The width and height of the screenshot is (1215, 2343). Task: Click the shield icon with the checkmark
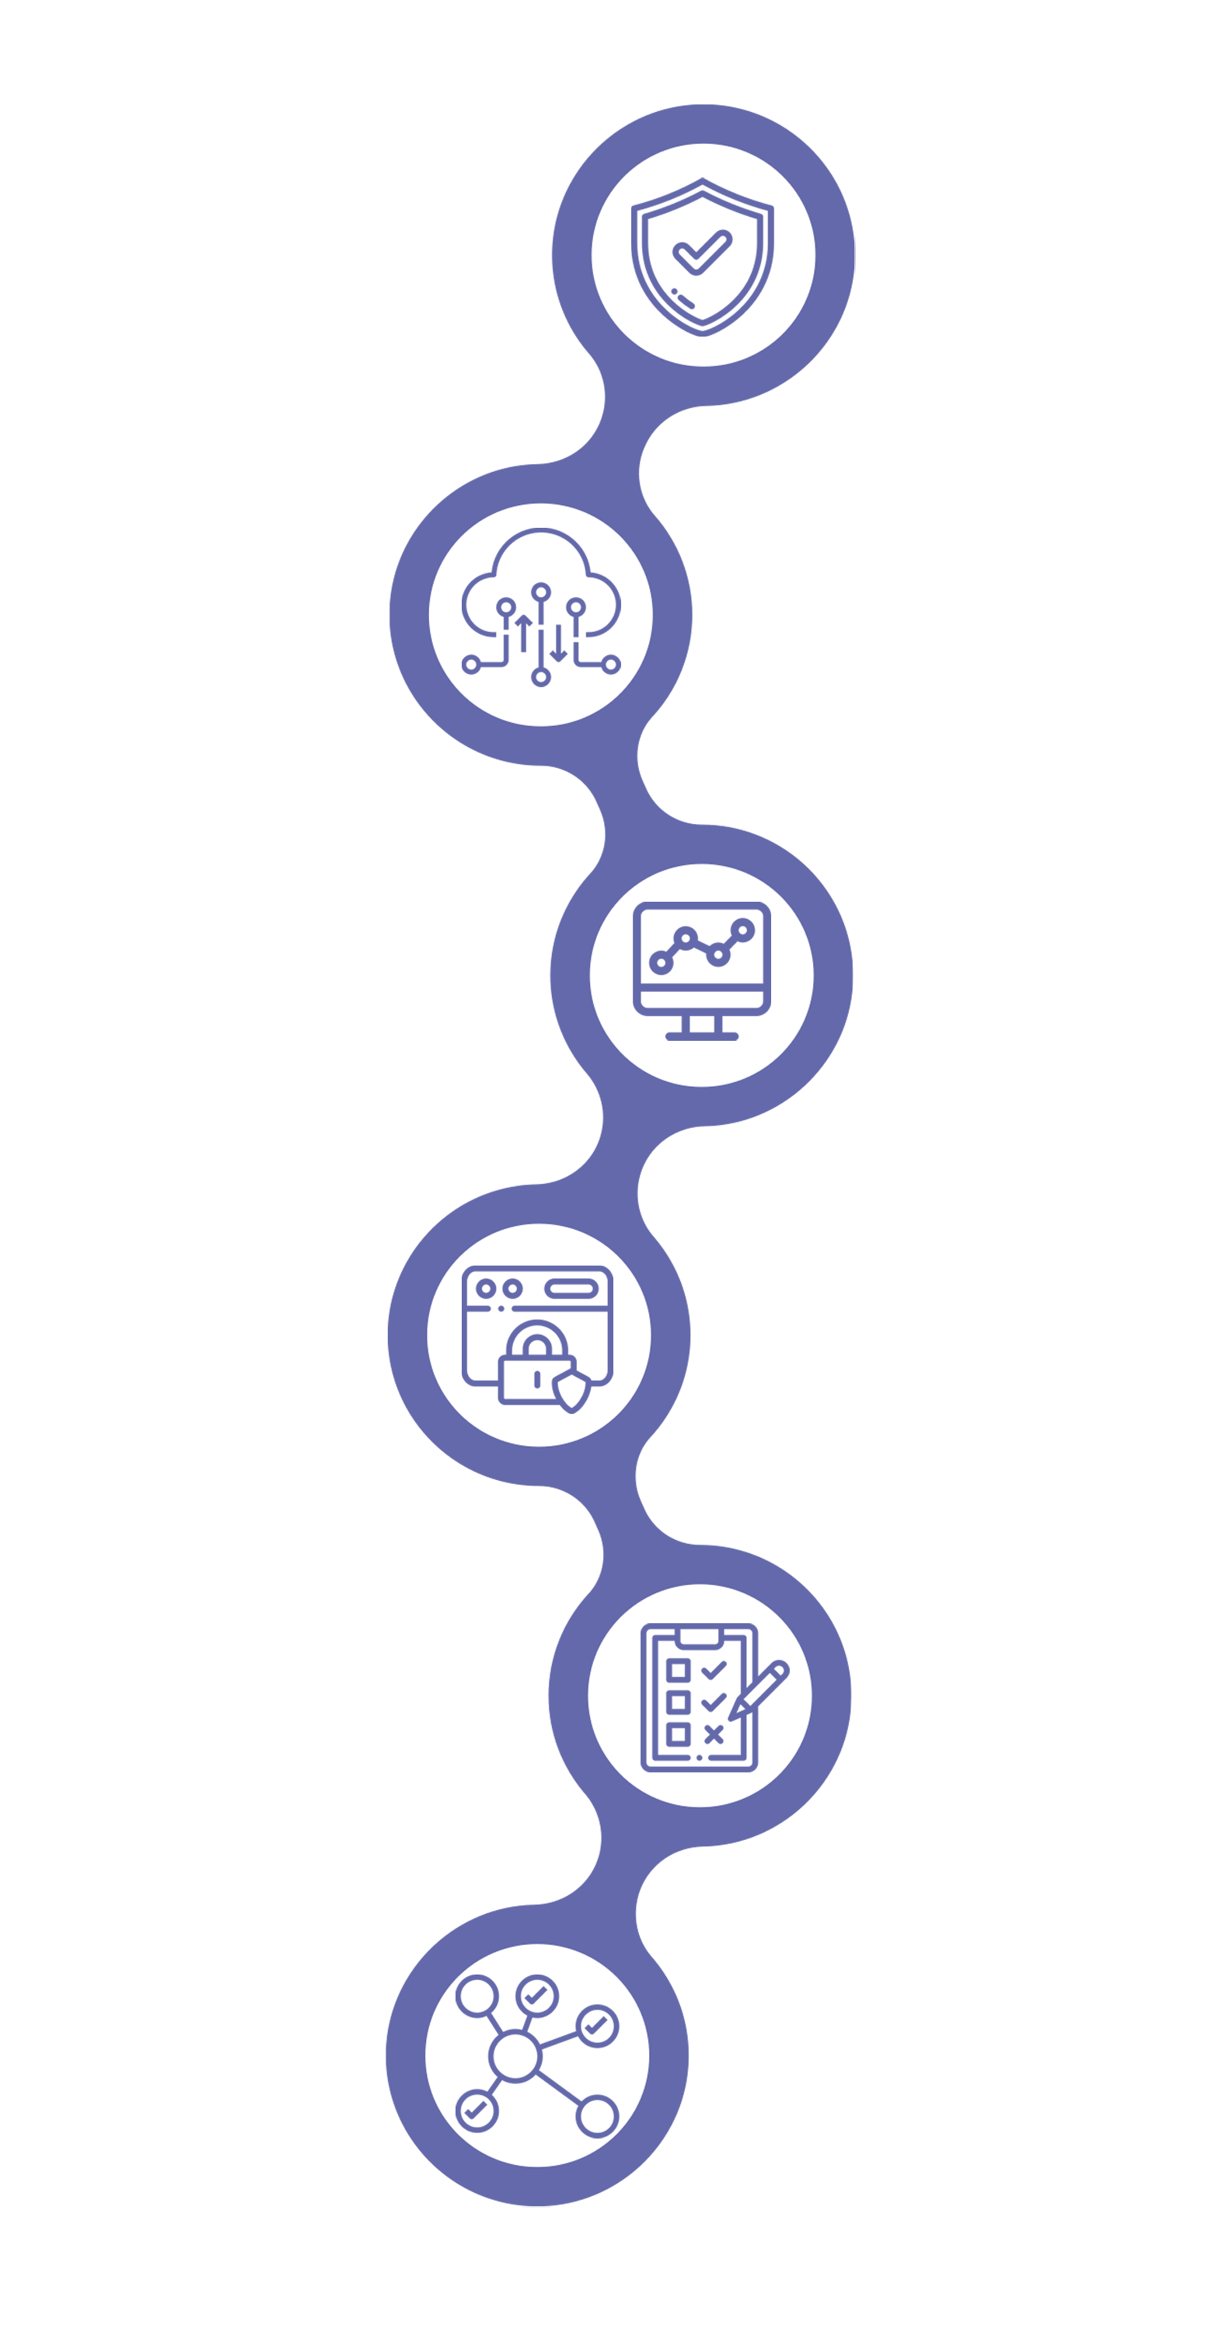coord(702,256)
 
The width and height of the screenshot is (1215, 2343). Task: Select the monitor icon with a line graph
coord(701,969)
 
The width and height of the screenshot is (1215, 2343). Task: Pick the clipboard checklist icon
coord(698,1697)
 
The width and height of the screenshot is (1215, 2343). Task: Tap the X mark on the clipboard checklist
coord(714,1734)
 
